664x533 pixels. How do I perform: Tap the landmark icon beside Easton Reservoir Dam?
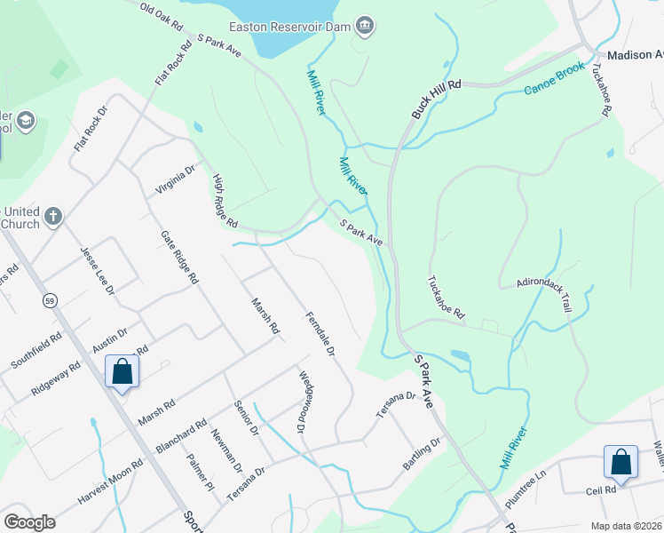pos(364,27)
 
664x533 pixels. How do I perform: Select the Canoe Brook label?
pos(553,79)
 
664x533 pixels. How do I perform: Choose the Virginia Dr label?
pos(175,181)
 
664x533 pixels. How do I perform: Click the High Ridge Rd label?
pos(225,200)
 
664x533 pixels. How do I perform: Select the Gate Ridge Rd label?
pos(179,257)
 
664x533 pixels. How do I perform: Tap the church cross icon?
pos(53,216)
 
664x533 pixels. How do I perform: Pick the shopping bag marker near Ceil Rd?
pos(621,462)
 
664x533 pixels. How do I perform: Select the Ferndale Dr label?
pos(319,334)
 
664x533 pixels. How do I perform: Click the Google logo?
pos(29,521)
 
